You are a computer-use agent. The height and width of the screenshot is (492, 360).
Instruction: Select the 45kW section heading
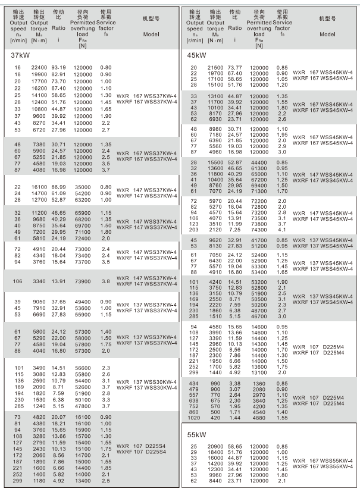198,55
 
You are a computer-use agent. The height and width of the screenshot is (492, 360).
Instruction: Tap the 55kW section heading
198,435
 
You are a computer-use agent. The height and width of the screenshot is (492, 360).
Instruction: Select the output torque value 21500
215,68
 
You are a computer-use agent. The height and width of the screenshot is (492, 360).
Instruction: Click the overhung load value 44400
258,161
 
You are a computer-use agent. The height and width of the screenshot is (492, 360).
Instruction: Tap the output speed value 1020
194,418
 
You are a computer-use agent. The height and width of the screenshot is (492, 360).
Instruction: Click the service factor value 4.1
282,229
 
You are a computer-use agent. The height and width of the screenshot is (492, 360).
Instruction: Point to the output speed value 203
194,229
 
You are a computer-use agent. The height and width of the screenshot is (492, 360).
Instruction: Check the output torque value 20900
215,446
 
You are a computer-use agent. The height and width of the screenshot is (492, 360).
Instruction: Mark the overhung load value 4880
258,418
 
